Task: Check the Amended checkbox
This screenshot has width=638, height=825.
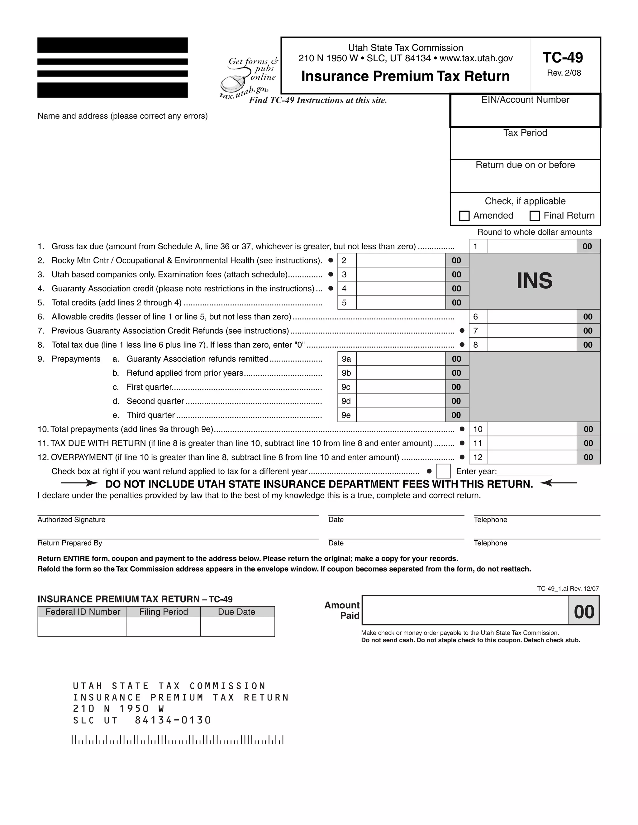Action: [464, 216]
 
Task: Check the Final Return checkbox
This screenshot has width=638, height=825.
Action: [535, 216]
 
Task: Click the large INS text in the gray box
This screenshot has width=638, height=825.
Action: [535, 281]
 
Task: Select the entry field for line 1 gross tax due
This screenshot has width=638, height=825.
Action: [532, 246]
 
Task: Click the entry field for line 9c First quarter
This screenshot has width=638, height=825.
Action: [401, 387]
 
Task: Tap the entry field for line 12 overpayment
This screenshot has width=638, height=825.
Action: [532, 457]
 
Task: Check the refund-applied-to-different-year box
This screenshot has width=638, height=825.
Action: [443, 471]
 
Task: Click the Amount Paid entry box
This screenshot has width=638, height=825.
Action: [465, 610]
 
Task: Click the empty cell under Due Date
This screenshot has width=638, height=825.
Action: [237, 626]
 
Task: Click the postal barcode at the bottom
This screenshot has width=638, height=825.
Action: [178, 739]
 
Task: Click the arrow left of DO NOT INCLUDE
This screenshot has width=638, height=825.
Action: [79, 483]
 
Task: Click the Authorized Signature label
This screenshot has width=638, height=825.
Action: [71, 520]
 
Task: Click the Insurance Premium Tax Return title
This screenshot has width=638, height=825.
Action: [405, 76]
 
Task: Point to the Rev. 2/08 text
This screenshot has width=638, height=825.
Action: [564, 73]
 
